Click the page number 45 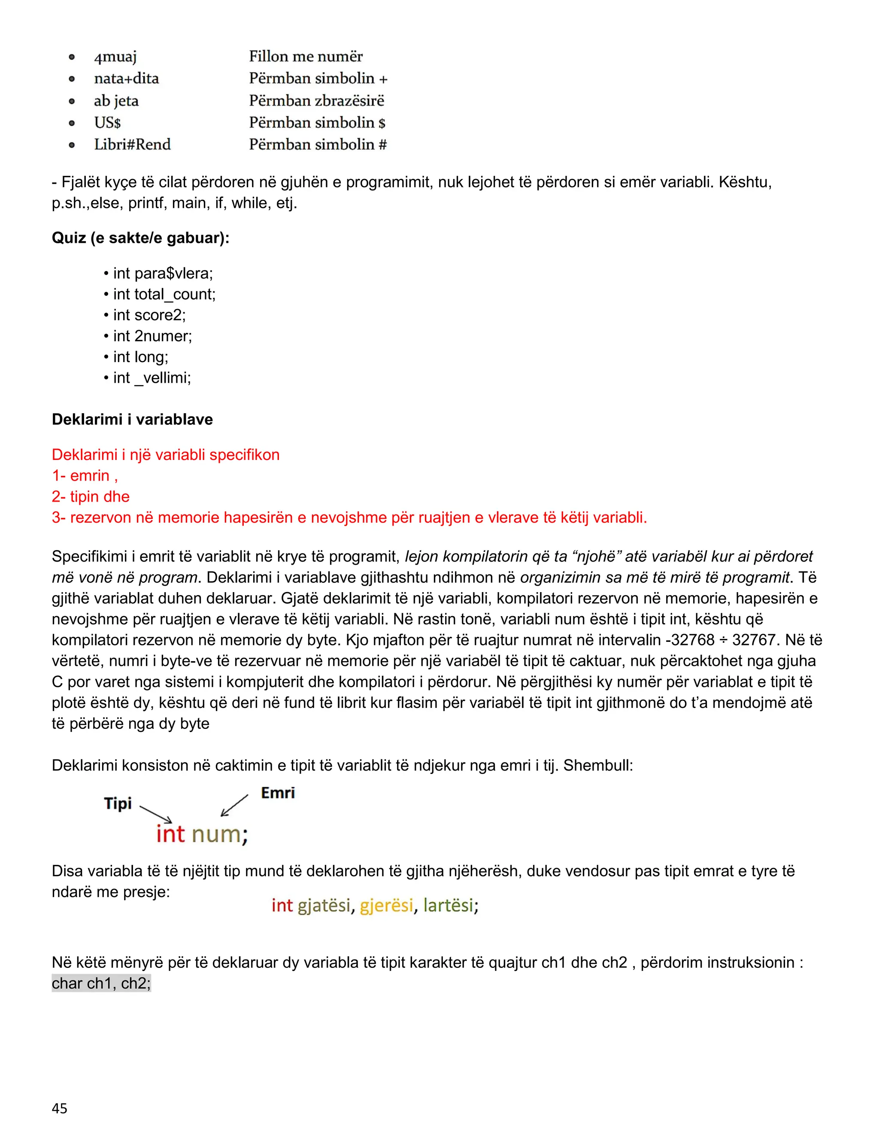59,1108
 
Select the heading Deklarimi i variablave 132,419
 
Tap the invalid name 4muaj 115,57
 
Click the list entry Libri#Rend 132,144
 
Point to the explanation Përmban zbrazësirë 316,100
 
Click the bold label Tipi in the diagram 118,803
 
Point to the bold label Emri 278,793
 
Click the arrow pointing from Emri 235,805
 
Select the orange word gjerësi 386,905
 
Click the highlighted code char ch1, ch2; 101,983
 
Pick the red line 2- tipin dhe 91,497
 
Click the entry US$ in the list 107,122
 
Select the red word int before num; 171,834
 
